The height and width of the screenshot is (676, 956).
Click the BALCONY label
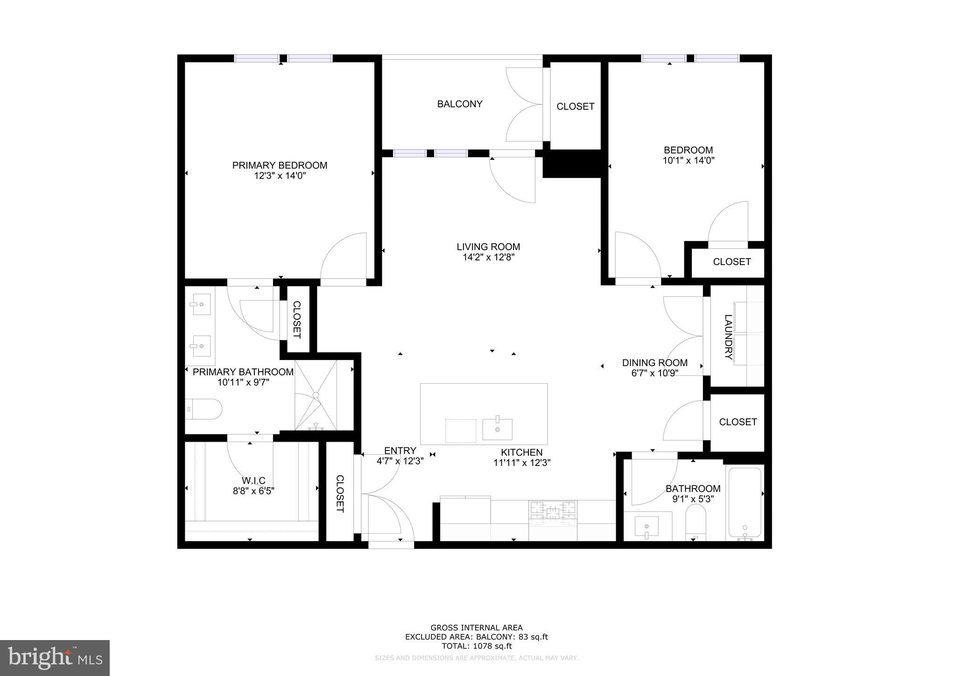[x=459, y=104]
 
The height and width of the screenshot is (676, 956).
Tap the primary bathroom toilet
[x=204, y=409]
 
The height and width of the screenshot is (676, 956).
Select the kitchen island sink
[x=497, y=429]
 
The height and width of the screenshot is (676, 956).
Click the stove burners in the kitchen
[x=553, y=512]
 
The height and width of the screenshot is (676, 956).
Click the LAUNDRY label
[x=728, y=337]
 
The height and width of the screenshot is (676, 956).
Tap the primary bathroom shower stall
[x=316, y=395]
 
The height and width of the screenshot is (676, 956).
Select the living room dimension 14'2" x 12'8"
[x=488, y=257]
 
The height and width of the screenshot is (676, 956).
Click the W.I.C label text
[x=253, y=480]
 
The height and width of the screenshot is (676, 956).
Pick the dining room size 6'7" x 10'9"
[x=654, y=373]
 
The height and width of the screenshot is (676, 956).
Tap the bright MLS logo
[x=55, y=658]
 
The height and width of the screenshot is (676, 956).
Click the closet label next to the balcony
[x=575, y=106]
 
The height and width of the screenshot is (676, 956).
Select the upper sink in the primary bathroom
[x=200, y=305]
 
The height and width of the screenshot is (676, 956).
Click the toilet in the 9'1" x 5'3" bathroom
[x=696, y=522]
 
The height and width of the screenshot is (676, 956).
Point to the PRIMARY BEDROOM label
[x=280, y=165]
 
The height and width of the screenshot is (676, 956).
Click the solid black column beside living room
[x=572, y=163]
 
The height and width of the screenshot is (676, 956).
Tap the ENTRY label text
[x=400, y=451]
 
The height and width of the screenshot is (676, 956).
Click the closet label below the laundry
[x=738, y=422]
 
